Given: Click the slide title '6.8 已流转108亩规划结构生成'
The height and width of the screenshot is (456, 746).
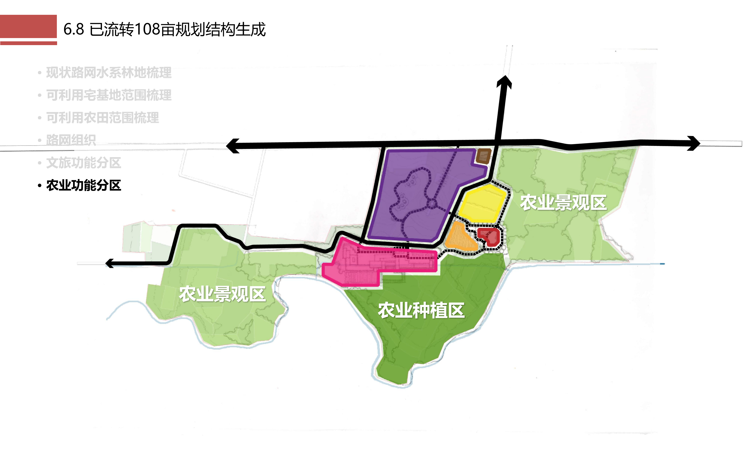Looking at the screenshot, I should (x=164, y=29).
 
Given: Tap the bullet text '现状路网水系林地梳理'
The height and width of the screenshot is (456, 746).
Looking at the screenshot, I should (x=109, y=73).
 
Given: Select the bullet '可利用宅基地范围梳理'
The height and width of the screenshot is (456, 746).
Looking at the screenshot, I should (x=109, y=95).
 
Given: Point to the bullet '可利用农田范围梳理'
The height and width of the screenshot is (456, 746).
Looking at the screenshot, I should (x=102, y=117).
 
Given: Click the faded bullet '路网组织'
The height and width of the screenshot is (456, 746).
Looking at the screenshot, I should (x=71, y=140).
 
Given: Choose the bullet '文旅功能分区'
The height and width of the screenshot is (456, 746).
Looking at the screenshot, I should (x=84, y=163).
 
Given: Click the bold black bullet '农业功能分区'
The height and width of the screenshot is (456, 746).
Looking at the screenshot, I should (x=84, y=185).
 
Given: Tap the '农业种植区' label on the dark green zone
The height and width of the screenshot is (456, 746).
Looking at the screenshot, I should (x=421, y=310).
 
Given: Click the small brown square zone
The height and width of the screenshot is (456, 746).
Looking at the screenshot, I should (x=483, y=156).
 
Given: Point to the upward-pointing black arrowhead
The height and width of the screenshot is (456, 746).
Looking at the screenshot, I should (x=504, y=82).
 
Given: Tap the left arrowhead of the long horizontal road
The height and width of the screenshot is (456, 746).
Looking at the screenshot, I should (x=233, y=146).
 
